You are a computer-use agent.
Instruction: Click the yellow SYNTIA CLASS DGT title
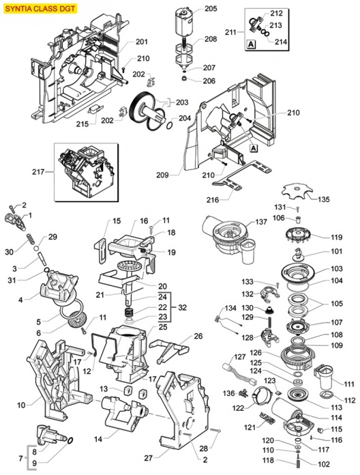pyautogui.click(x=40, y=8)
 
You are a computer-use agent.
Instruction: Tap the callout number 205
pyautogui.click(x=211, y=8)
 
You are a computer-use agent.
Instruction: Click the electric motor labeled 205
pyautogui.click(x=184, y=22)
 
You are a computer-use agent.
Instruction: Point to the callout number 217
pyautogui.click(x=38, y=172)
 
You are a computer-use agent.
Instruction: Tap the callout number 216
pyautogui.click(x=213, y=200)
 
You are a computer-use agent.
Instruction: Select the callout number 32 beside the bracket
pyautogui.click(x=183, y=308)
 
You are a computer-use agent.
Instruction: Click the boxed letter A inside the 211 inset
pyautogui.click(x=251, y=44)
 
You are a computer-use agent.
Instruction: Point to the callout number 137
pyautogui.click(x=260, y=222)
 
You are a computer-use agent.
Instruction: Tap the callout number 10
pyautogui.click(x=21, y=405)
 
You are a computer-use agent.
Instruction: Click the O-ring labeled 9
pyautogui.click(x=70, y=440)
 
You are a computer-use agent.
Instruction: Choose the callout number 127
pyautogui.click(x=239, y=356)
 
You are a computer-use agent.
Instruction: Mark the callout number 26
pyautogui.click(x=198, y=336)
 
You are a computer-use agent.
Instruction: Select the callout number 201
pyautogui.click(x=142, y=42)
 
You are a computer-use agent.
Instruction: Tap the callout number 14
pyautogui.click(x=98, y=439)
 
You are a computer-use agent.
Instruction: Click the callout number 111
pyautogui.click(x=349, y=384)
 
